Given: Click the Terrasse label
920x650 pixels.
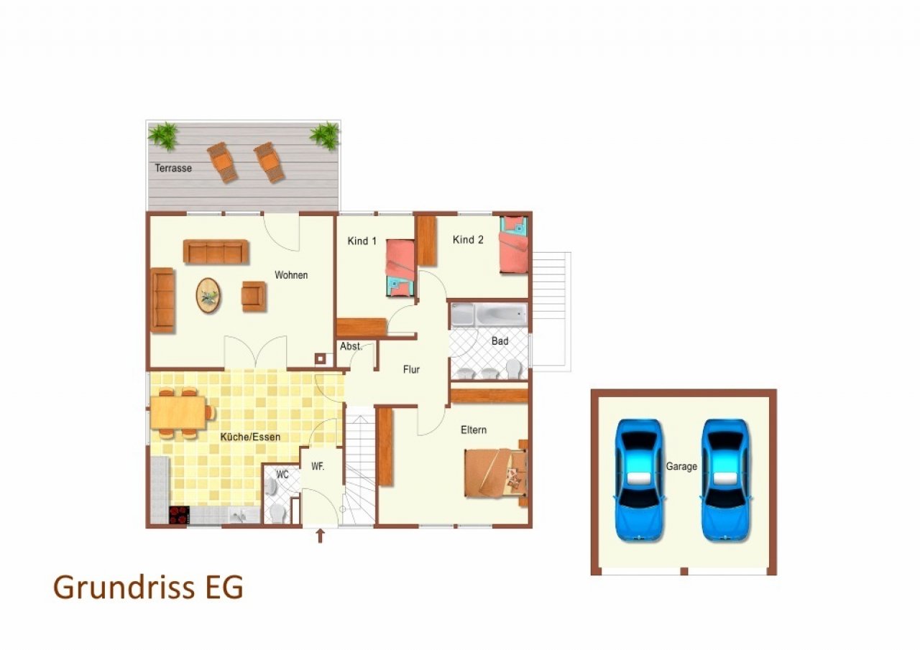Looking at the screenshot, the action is point(173,168).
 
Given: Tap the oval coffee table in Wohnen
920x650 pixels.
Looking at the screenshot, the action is point(208,295).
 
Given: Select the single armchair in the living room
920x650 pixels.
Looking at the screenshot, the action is point(254,297).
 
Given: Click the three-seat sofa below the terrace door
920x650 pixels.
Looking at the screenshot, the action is point(216,251).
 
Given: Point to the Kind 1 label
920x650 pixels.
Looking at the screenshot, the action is point(362,241).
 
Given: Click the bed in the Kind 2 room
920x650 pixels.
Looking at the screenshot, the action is point(513,245).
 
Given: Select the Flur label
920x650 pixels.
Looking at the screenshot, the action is point(411,369).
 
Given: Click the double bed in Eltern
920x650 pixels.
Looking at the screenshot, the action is point(496,473).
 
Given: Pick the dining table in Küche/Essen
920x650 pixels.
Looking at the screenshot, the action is point(178,412).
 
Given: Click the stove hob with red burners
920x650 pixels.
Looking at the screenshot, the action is point(180,515).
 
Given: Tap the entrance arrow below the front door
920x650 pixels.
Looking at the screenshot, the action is point(321,536).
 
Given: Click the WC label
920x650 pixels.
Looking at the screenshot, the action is point(282,475).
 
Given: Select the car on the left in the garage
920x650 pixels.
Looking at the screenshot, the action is point(639,480).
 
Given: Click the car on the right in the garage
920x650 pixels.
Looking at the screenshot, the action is point(726,480).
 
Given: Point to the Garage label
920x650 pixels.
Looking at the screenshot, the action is point(681,467).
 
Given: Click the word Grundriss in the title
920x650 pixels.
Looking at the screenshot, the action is point(124,588).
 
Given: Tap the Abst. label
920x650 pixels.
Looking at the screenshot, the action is point(351,346).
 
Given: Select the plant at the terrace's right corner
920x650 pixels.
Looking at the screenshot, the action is point(325,135).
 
